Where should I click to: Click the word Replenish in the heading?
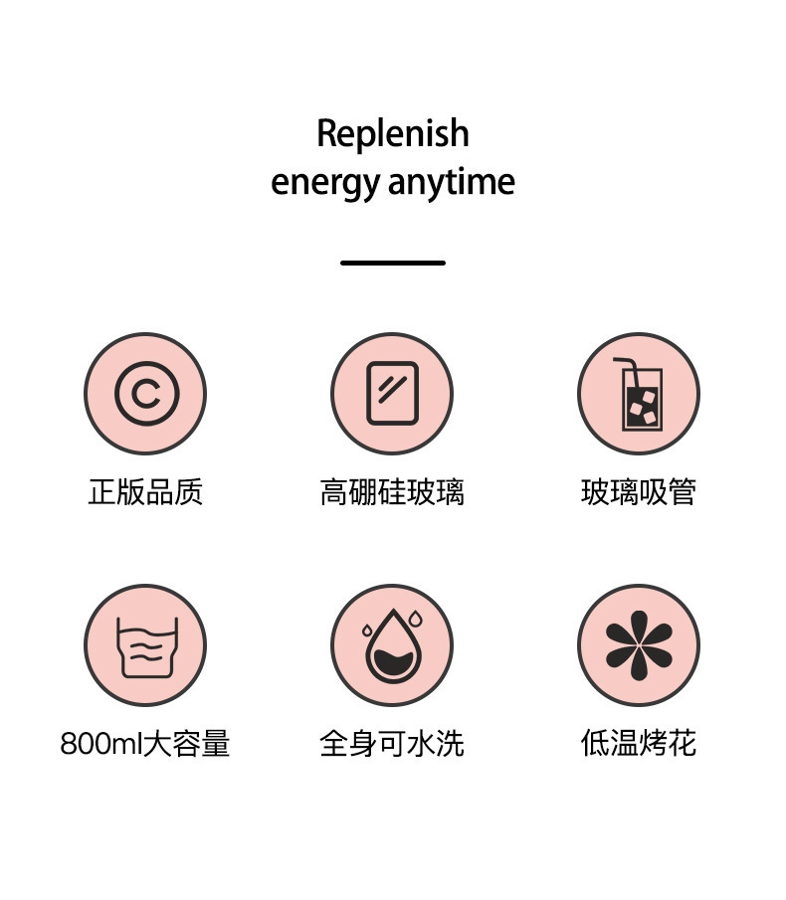(392, 134)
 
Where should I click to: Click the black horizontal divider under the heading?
(392, 263)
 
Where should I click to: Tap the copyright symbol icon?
(145, 394)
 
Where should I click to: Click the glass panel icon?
(392, 394)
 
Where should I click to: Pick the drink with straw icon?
(639, 395)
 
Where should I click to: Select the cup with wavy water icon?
(145, 646)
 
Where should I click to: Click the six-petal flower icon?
(639, 645)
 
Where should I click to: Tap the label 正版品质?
(145, 492)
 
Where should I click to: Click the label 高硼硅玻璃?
(392, 492)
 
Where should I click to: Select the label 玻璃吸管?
(639, 492)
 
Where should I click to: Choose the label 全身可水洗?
(392, 744)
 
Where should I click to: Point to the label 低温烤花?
(639, 744)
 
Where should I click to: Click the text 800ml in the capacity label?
(100, 744)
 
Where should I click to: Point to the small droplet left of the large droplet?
(368, 630)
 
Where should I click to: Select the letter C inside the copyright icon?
(145, 395)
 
